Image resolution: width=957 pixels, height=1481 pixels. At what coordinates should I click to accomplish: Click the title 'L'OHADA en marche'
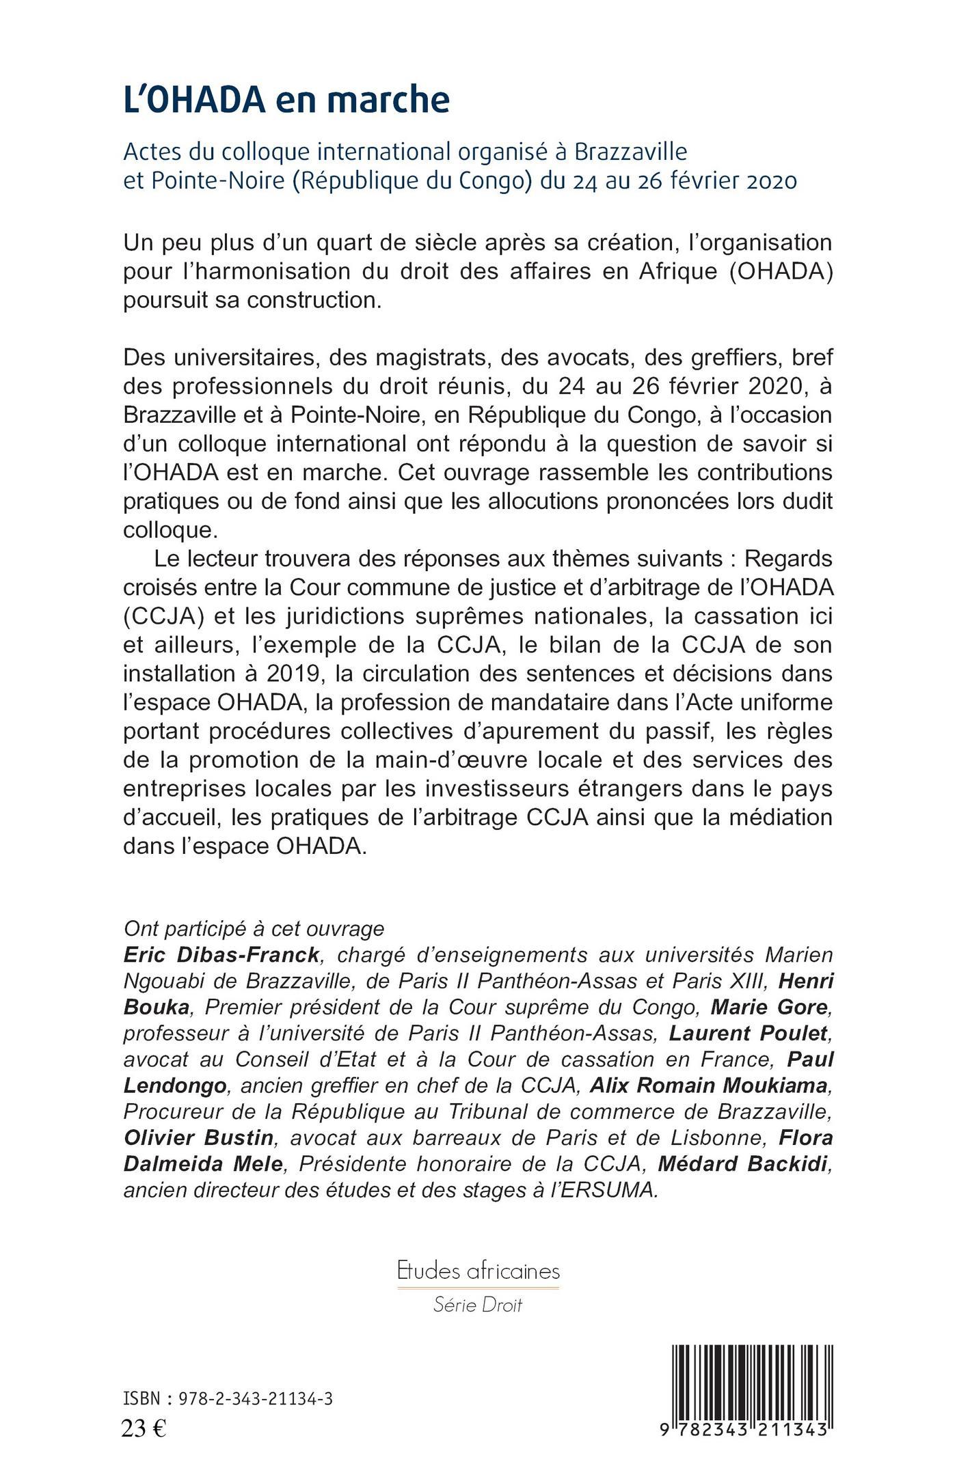click(286, 100)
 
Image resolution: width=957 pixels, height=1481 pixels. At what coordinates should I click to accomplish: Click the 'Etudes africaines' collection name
click(478, 1271)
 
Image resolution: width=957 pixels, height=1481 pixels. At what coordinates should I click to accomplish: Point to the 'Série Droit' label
click(478, 1305)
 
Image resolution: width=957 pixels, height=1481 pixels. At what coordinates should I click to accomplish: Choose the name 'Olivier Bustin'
click(198, 1138)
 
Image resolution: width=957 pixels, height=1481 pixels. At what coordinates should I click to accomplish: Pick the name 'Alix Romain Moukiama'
click(709, 1085)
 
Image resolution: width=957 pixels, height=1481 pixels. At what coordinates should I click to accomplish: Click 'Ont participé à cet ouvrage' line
click(254, 928)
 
